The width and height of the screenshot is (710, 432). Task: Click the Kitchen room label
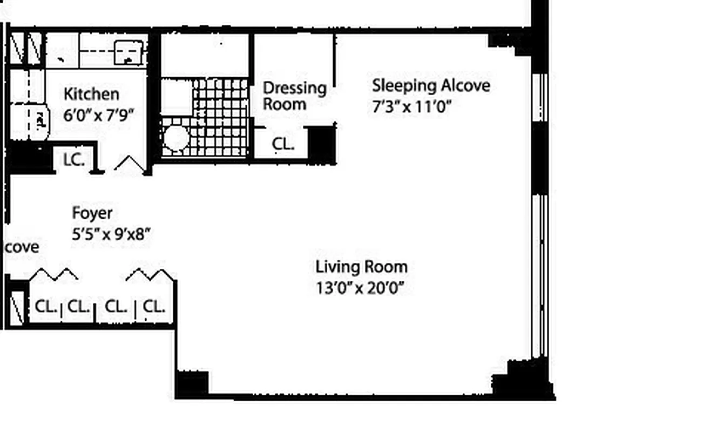coord(91,94)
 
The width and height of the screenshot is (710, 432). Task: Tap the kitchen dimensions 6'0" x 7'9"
coord(98,115)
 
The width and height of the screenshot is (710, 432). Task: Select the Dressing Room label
coord(294,96)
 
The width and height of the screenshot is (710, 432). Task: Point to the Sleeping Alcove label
coord(431,85)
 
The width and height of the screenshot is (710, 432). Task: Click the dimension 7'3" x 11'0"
coord(411,106)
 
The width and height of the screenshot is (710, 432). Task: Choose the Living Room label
coord(361,267)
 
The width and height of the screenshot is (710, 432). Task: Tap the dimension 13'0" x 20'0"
coord(360,288)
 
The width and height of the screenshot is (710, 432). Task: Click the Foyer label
coord(92,213)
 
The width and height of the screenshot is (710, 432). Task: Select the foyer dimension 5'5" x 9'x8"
coord(111,234)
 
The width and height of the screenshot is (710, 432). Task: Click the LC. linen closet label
coord(74,160)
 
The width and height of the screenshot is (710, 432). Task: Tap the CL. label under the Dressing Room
coord(283,144)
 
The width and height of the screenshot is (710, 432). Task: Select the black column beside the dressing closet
coord(322,144)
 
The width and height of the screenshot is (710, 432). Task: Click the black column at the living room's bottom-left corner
coord(192,384)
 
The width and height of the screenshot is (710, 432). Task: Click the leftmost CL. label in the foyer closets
coord(46,307)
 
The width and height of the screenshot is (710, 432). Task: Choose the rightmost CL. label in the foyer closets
coord(154,307)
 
